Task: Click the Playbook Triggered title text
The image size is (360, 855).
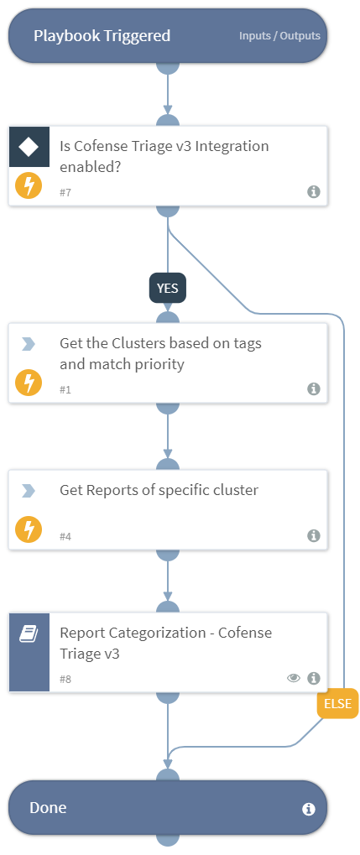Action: (x=102, y=36)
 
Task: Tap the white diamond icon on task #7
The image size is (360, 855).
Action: (x=29, y=147)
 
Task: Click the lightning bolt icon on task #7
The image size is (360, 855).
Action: (x=29, y=185)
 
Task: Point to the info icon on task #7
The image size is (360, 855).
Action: (x=314, y=191)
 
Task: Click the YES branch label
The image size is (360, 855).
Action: (x=168, y=288)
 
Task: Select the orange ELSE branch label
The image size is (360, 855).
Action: (x=337, y=703)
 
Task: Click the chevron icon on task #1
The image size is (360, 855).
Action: (x=29, y=344)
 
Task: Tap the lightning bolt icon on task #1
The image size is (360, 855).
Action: (x=29, y=383)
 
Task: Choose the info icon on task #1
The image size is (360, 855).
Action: (x=314, y=388)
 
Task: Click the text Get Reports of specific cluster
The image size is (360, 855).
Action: (x=159, y=490)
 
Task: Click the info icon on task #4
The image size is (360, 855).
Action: (x=314, y=535)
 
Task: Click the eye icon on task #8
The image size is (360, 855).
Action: (x=294, y=678)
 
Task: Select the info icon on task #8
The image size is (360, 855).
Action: (x=314, y=678)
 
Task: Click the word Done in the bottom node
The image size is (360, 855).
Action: (x=48, y=808)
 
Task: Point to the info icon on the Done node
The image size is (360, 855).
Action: (x=308, y=809)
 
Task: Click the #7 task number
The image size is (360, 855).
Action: (x=65, y=192)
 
